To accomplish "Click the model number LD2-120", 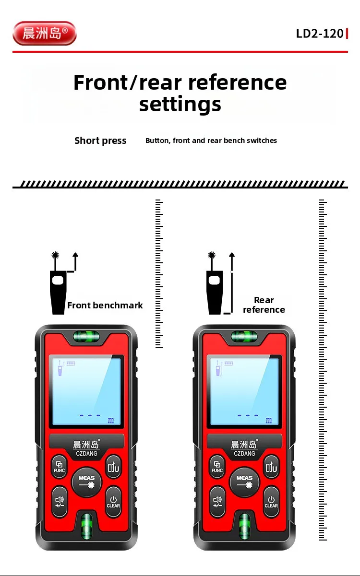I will (320, 34).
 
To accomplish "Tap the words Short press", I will (100, 141).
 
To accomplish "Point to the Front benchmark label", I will (105, 305).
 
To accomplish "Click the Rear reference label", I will (264, 305).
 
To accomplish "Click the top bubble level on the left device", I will (86, 337).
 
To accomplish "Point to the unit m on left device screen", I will (111, 420).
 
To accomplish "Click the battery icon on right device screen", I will (228, 363).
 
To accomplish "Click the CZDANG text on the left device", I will (86, 453).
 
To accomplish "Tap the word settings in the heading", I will (180, 104).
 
